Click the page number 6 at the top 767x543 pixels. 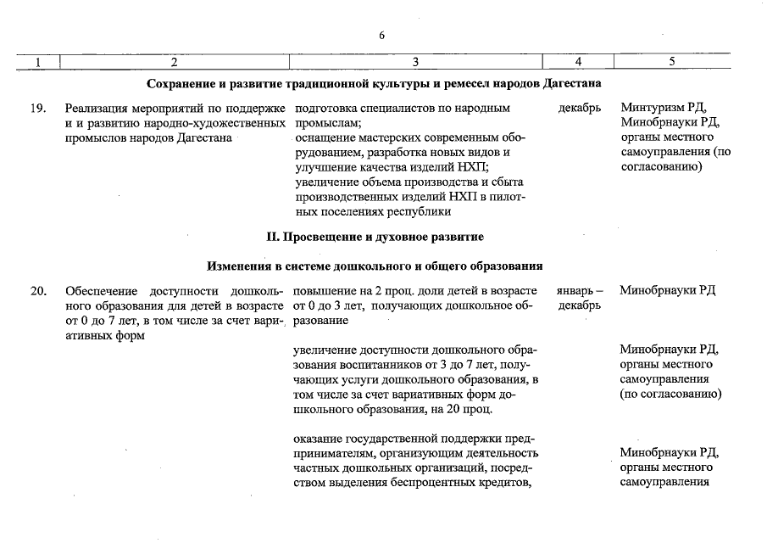coord(382,35)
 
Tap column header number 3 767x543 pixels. coord(415,62)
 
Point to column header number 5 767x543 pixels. coord(671,62)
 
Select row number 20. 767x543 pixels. coord(37,291)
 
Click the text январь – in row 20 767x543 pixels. coord(580,291)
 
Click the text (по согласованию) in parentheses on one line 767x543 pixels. coord(670,395)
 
